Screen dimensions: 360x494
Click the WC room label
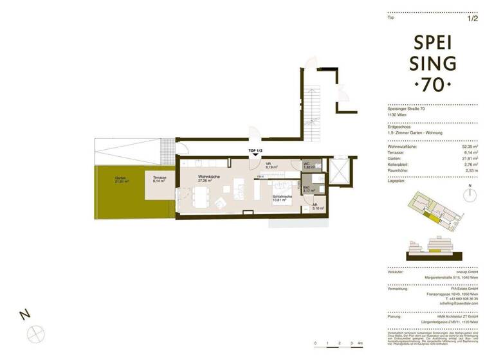tap(307, 165)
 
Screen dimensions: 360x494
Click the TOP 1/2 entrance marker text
tap(256, 150)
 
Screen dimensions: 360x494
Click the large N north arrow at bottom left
tap(25, 316)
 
